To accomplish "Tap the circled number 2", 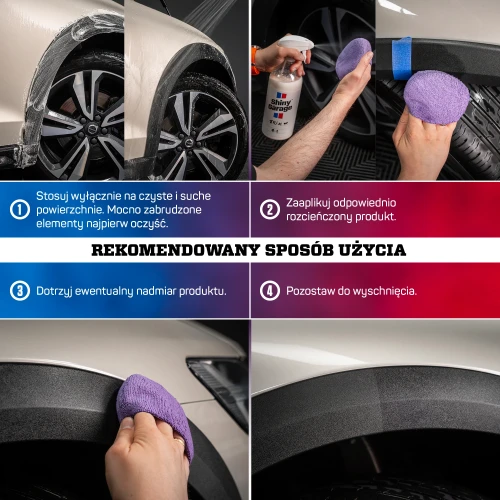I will coord(269,209).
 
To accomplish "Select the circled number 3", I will coord(19,291).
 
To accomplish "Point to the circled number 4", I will coord(269,291).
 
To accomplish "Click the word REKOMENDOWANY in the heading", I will coord(163,250).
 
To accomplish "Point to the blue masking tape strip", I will coord(402,48).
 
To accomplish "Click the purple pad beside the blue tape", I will coord(436,97).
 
